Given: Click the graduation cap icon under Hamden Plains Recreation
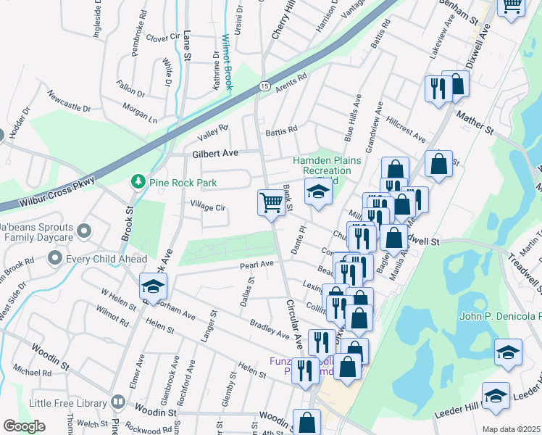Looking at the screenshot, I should coord(317,192).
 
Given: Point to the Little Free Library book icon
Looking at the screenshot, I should coord(118,402).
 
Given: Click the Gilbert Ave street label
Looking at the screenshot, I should coord(215,154).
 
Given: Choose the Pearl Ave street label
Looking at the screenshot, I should coord(257,265).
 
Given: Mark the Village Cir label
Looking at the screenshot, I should coord(209,207).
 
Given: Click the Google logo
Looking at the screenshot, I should coord(25,426).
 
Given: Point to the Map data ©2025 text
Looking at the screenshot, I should coord(511,429).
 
